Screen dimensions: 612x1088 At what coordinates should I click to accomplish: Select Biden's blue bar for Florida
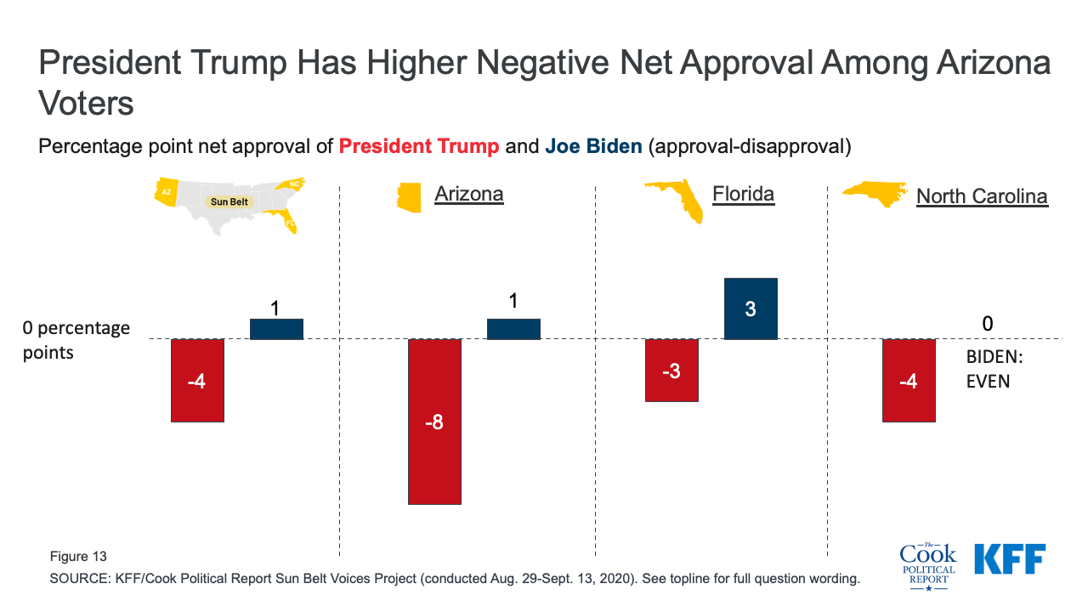[x=751, y=309]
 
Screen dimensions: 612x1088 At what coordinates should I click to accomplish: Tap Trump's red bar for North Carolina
[x=909, y=380]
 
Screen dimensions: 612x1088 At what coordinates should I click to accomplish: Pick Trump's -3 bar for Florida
[x=671, y=370]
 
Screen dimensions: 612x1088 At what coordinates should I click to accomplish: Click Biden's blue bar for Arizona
[x=513, y=329]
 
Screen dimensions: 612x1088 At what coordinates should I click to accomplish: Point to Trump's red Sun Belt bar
[x=197, y=380]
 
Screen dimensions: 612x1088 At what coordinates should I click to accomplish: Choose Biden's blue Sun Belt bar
[x=276, y=329]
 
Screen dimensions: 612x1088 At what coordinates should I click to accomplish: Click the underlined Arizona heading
[x=469, y=194]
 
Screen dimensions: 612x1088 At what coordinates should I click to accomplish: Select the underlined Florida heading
[x=743, y=194]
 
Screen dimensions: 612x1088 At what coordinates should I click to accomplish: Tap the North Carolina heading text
[x=982, y=197]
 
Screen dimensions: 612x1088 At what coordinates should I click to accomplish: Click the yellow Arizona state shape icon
[x=409, y=197]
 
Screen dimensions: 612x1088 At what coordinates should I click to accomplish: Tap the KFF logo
[x=1009, y=559]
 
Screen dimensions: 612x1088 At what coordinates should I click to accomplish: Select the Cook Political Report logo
[x=927, y=565]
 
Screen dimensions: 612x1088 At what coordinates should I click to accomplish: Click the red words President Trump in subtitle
[x=419, y=146]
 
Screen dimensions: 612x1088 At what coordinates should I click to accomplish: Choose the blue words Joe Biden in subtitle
[x=593, y=146]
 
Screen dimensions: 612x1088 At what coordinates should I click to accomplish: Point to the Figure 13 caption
[x=78, y=557]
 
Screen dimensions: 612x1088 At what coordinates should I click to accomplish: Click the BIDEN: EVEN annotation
[x=994, y=370]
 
